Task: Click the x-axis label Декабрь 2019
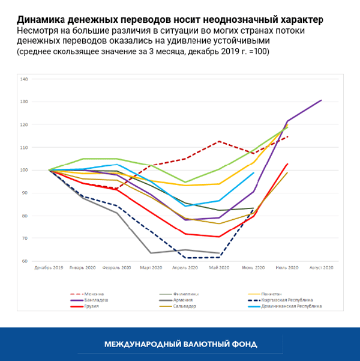pyautogui.click(x=49, y=267)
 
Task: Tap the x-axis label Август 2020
pyautogui.click(x=321, y=267)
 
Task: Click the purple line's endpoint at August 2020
pyautogui.click(x=322, y=100)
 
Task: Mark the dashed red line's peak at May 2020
pyautogui.click(x=219, y=141)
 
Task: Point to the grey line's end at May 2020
pyautogui.click(x=219, y=253)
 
